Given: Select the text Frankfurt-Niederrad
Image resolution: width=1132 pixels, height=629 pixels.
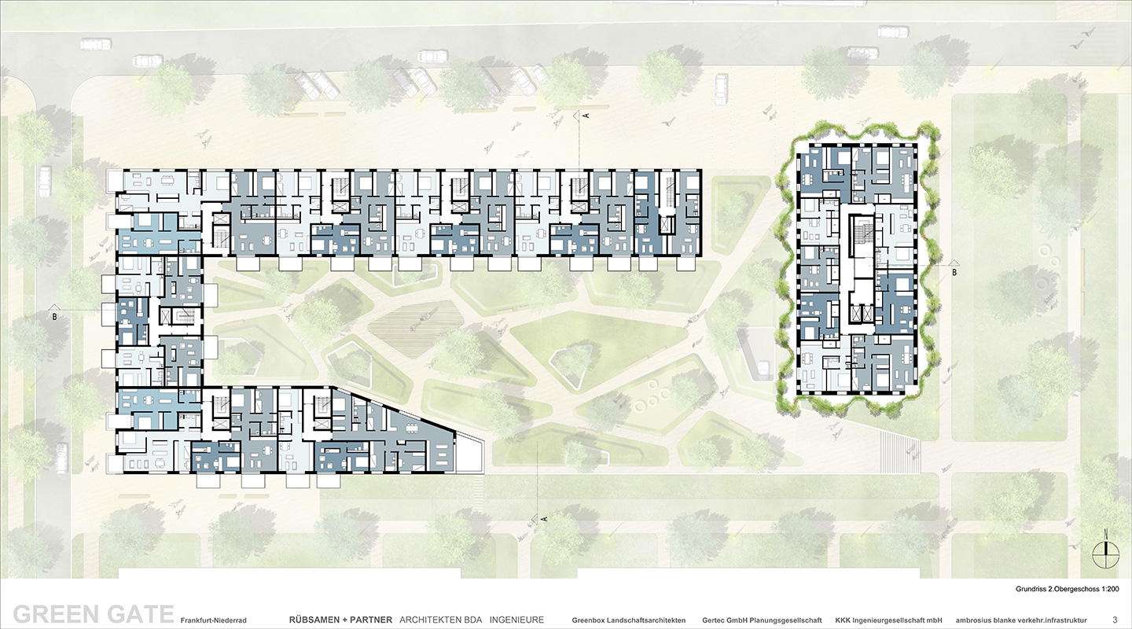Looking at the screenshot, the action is click(x=213, y=620).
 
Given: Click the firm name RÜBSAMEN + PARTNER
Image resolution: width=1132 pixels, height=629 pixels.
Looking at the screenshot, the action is click(x=340, y=620).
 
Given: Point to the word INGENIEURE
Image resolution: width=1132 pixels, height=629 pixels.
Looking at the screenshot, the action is click(x=516, y=620).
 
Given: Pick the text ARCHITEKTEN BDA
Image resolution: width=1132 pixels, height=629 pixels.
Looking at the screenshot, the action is click(x=441, y=620).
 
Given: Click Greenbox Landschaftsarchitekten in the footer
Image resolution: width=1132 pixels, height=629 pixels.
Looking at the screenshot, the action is click(x=629, y=620).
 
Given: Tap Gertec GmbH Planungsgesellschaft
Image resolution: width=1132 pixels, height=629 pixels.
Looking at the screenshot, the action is click(x=762, y=620).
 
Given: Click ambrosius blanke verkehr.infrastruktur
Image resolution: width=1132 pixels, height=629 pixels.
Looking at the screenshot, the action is click(x=1021, y=620).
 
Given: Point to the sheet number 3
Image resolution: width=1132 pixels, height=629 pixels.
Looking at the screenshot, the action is click(x=1115, y=620).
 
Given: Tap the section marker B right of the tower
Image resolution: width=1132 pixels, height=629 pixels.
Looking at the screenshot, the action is click(x=954, y=268).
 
